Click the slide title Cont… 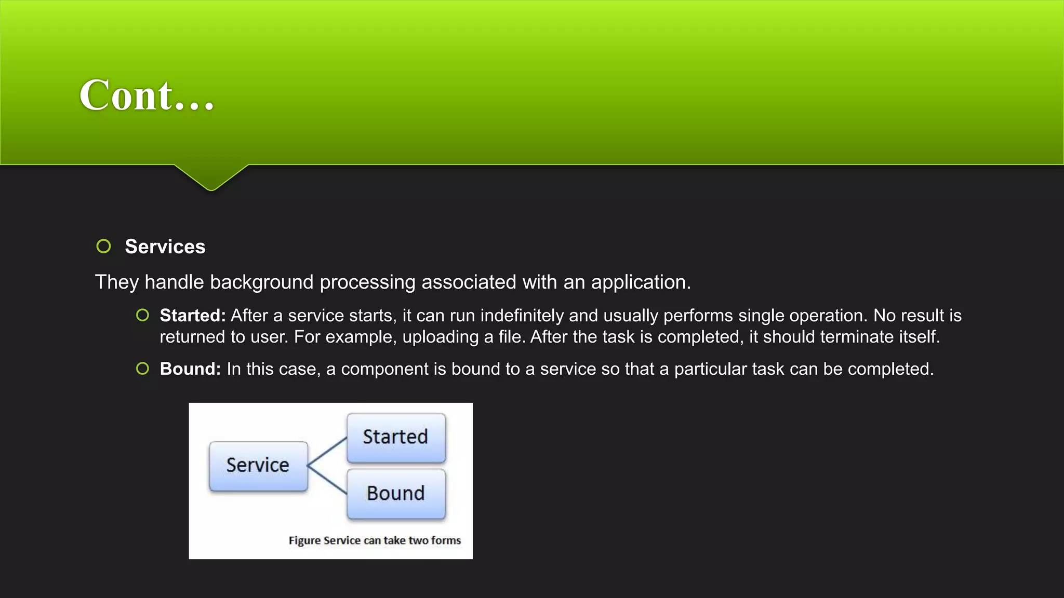[x=147, y=96]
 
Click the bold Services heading [x=165, y=247]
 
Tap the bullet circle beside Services [x=104, y=246]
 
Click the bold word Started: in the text [x=192, y=316]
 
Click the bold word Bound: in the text [x=190, y=369]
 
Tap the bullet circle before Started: [x=142, y=315]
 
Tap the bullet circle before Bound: [x=142, y=369]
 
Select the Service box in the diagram [x=258, y=465]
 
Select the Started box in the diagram [x=396, y=437]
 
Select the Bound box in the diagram [x=396, y=493]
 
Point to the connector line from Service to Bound [x=327, y=480]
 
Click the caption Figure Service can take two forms [x=375, y=540]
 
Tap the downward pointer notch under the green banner [x=211, y=179]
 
